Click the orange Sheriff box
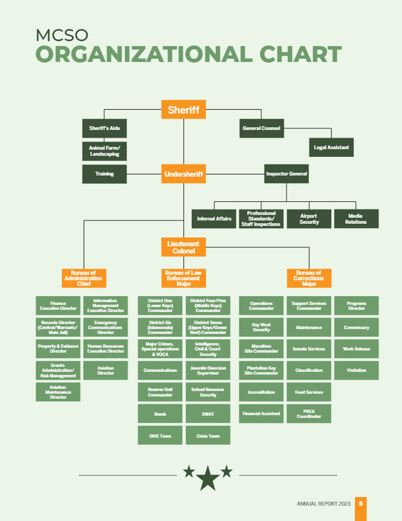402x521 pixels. point(183,110)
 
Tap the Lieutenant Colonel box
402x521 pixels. point(183,247)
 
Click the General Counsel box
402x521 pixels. point(261,129)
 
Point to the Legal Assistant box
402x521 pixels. point(331,148)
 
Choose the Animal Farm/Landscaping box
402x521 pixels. point(104,151)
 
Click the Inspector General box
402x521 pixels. point(286,174)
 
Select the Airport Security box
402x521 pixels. point(309,219)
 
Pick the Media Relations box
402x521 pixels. point(356,219)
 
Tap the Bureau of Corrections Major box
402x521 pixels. point(309,278)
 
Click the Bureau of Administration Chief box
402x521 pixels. point(84,278)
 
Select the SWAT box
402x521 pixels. point(208,414)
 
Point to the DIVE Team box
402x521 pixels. point(160,435)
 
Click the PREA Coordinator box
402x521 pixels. point(309,414)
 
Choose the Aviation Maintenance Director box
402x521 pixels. point(58,393)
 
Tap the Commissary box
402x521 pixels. point(356,327)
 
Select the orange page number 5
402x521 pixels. point(360,503)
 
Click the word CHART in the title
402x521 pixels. point(297,55)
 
